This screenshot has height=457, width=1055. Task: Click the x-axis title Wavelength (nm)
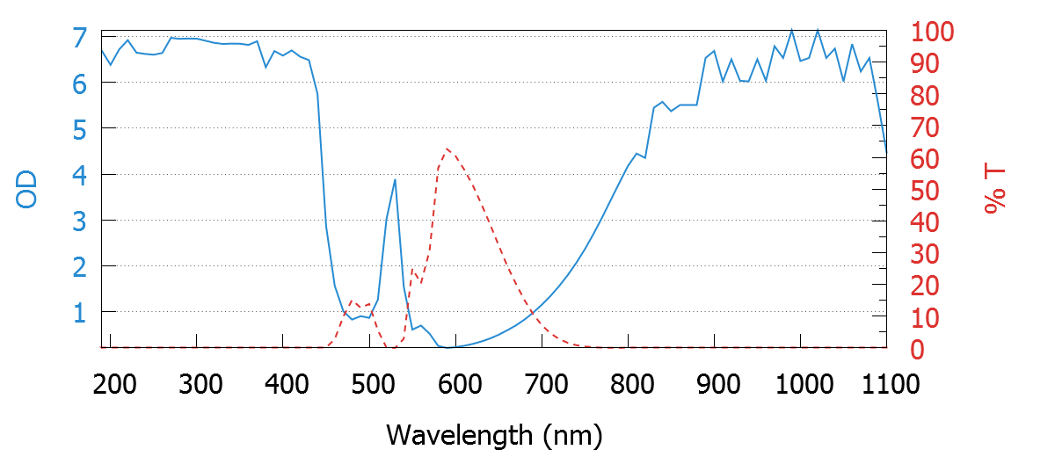[493, 434]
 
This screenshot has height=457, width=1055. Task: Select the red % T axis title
[995, 190]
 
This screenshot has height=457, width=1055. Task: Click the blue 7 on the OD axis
[80, 38]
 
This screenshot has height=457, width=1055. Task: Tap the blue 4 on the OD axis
[80, 175]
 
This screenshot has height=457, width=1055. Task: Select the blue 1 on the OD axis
[80, 312]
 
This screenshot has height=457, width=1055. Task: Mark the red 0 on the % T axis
[913, 349]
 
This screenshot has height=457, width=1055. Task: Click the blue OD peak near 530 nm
[395, 180]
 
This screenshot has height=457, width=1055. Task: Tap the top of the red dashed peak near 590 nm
[447, 149]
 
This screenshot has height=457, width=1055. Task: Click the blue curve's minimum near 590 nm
[447, 348]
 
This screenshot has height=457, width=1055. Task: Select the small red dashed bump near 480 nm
[352, 301]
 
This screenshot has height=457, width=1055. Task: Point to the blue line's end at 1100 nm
[886, 153]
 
